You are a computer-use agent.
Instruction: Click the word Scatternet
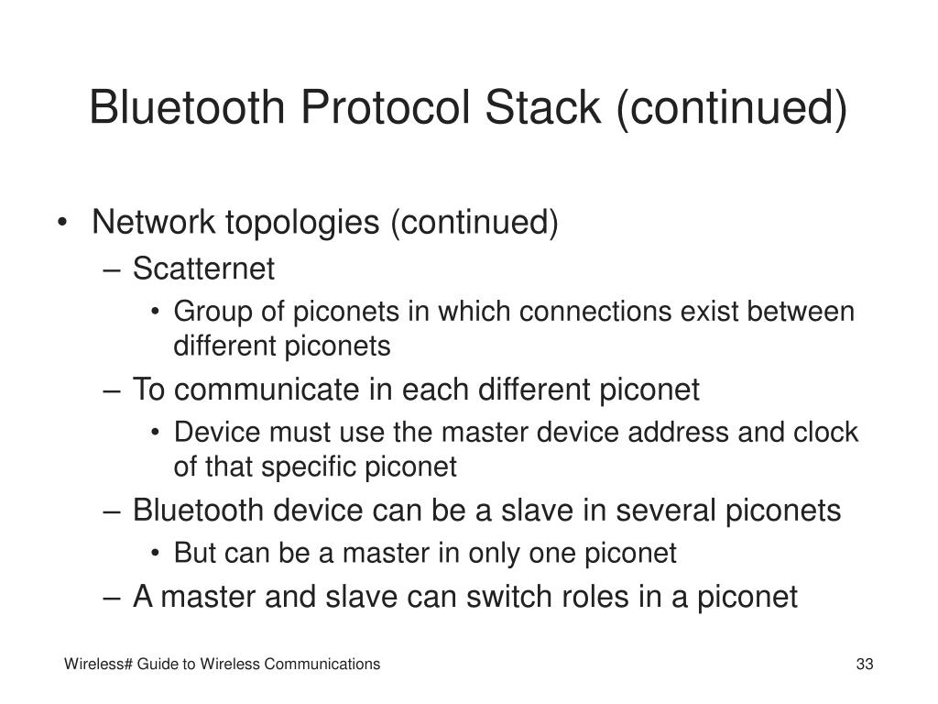tap(203, 269)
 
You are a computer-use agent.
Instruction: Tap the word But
tap(192, 553)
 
